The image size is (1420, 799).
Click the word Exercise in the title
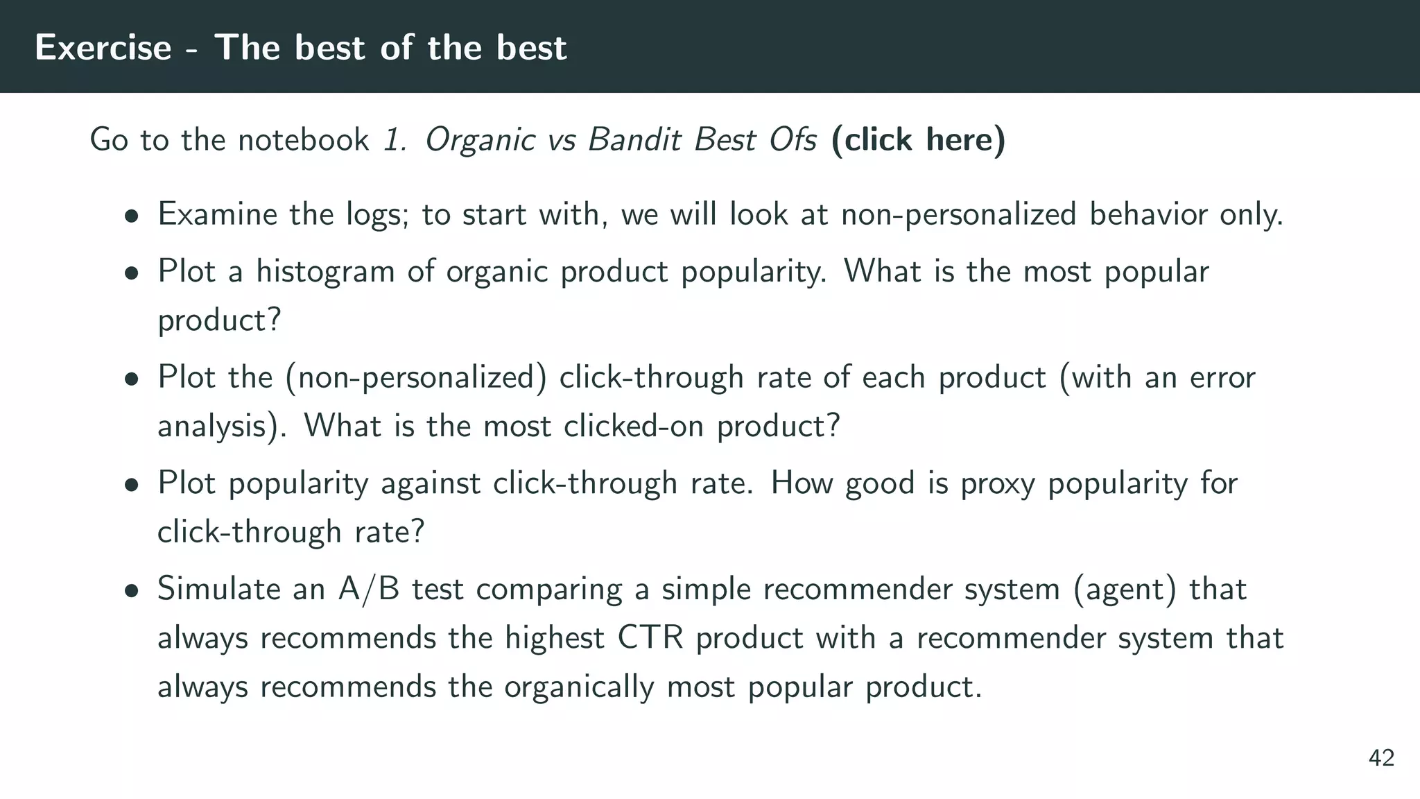pyautogui.click(x=103, y=47)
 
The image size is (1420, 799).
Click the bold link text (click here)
pyautogui.click(x=918, y=139)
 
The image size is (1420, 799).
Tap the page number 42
pyautogui.click(x=1381, y=758)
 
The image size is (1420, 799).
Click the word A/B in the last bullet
pyautogui.click(x=368, y=589)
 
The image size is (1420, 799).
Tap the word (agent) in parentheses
pyautogui.click(x=1125, y=590)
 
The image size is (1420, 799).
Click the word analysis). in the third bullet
pyautogui.click(x=222, y=427)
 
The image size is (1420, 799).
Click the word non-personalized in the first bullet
pyautogui.click(x=958, y=214)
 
